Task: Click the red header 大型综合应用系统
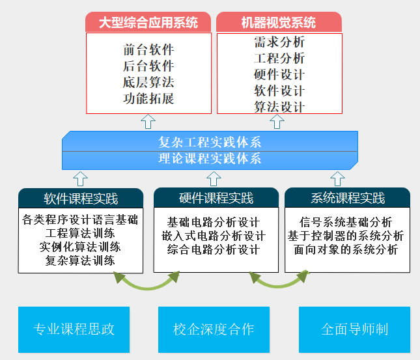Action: click(x=148, y=23)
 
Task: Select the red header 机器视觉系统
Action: click(x=279, y=23)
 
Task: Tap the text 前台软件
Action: click(x=148, y=49)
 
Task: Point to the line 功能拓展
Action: click(x=148, y=99)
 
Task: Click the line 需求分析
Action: click(x=279, y=43)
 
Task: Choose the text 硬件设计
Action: click(x=279, y=75)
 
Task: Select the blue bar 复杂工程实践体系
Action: click(x=210, y=141)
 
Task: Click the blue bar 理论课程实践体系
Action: click(x=210, y=158)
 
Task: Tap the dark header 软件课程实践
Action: click(x=81, y=198)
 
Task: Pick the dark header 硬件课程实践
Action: click(x=216, y=198)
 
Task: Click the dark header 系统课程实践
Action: click(x=348, y=198)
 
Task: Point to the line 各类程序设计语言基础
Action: click(x=80, y=219)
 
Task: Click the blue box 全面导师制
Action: click(x=354, y=329)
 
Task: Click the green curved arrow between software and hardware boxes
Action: click(x=147, y=281)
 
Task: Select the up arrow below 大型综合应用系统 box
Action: click(x=148, y=121)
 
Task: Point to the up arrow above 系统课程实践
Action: click(x=337, y=178)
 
